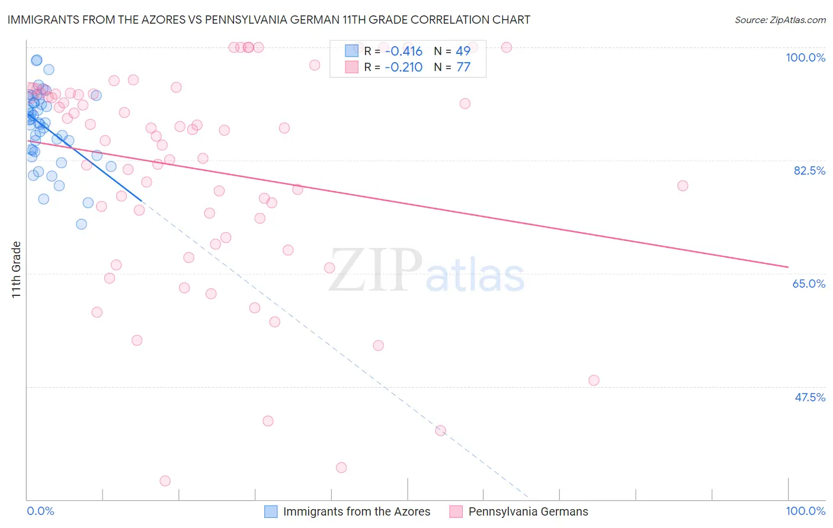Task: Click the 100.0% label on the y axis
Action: tap(805, 57)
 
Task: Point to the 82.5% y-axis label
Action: tap(809, 170)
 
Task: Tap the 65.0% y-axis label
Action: tap(809, 284)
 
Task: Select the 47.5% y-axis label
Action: tap(809, 397)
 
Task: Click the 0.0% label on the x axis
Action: tap(40, 511)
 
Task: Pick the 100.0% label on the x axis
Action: tap(805, 511)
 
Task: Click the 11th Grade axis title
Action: tap(17, 269)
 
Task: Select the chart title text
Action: tap(268, 20)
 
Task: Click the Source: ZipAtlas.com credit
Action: tap(780, 20)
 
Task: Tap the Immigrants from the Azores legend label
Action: tap(357, 511)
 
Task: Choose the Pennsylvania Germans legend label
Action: tap(528, 511)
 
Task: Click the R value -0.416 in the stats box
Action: tap(403, 51)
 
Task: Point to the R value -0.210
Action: tap(403, 67)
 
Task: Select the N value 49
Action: tap(463, 51)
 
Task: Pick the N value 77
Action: tap(463, 67)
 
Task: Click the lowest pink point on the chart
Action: tap(165, 481)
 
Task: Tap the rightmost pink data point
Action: tap(683, 186)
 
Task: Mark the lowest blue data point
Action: tap(81, 224)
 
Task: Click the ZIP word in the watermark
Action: tap(374, 270)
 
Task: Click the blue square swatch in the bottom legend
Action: tap(271, 511)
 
